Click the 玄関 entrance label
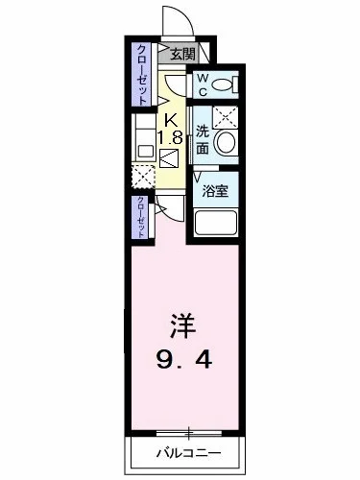(183, 54)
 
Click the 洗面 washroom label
(203, 140)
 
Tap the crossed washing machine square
(226, 116)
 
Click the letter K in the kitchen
(171, 119)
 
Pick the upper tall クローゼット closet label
(141, 74)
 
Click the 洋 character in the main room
(183, 325)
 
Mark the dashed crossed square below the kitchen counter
(142, 178)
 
